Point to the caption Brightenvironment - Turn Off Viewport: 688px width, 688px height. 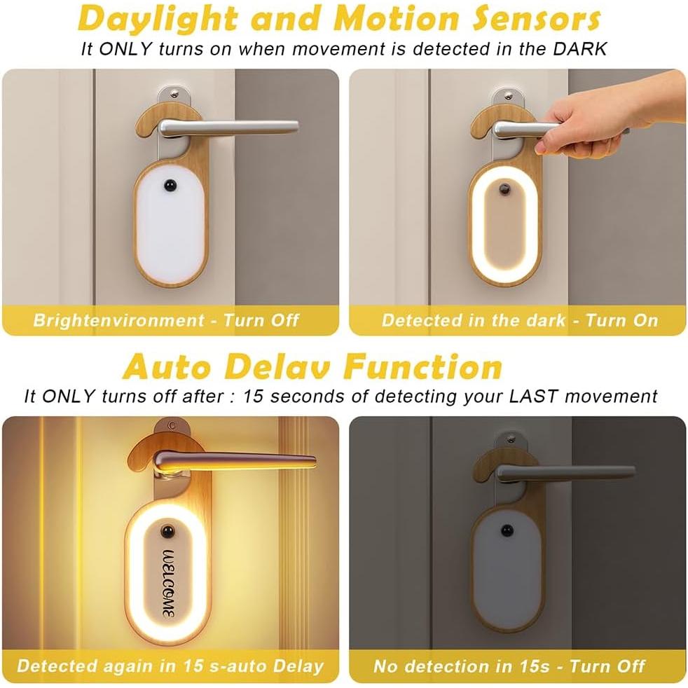[x=166, y=321]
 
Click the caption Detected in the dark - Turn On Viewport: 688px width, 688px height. [x=519, y=321]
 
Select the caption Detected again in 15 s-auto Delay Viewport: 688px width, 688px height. [x=170, y=665]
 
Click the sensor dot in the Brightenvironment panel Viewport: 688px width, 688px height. [x=169, y=186]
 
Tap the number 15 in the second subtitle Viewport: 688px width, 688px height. [x=253, y=396]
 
